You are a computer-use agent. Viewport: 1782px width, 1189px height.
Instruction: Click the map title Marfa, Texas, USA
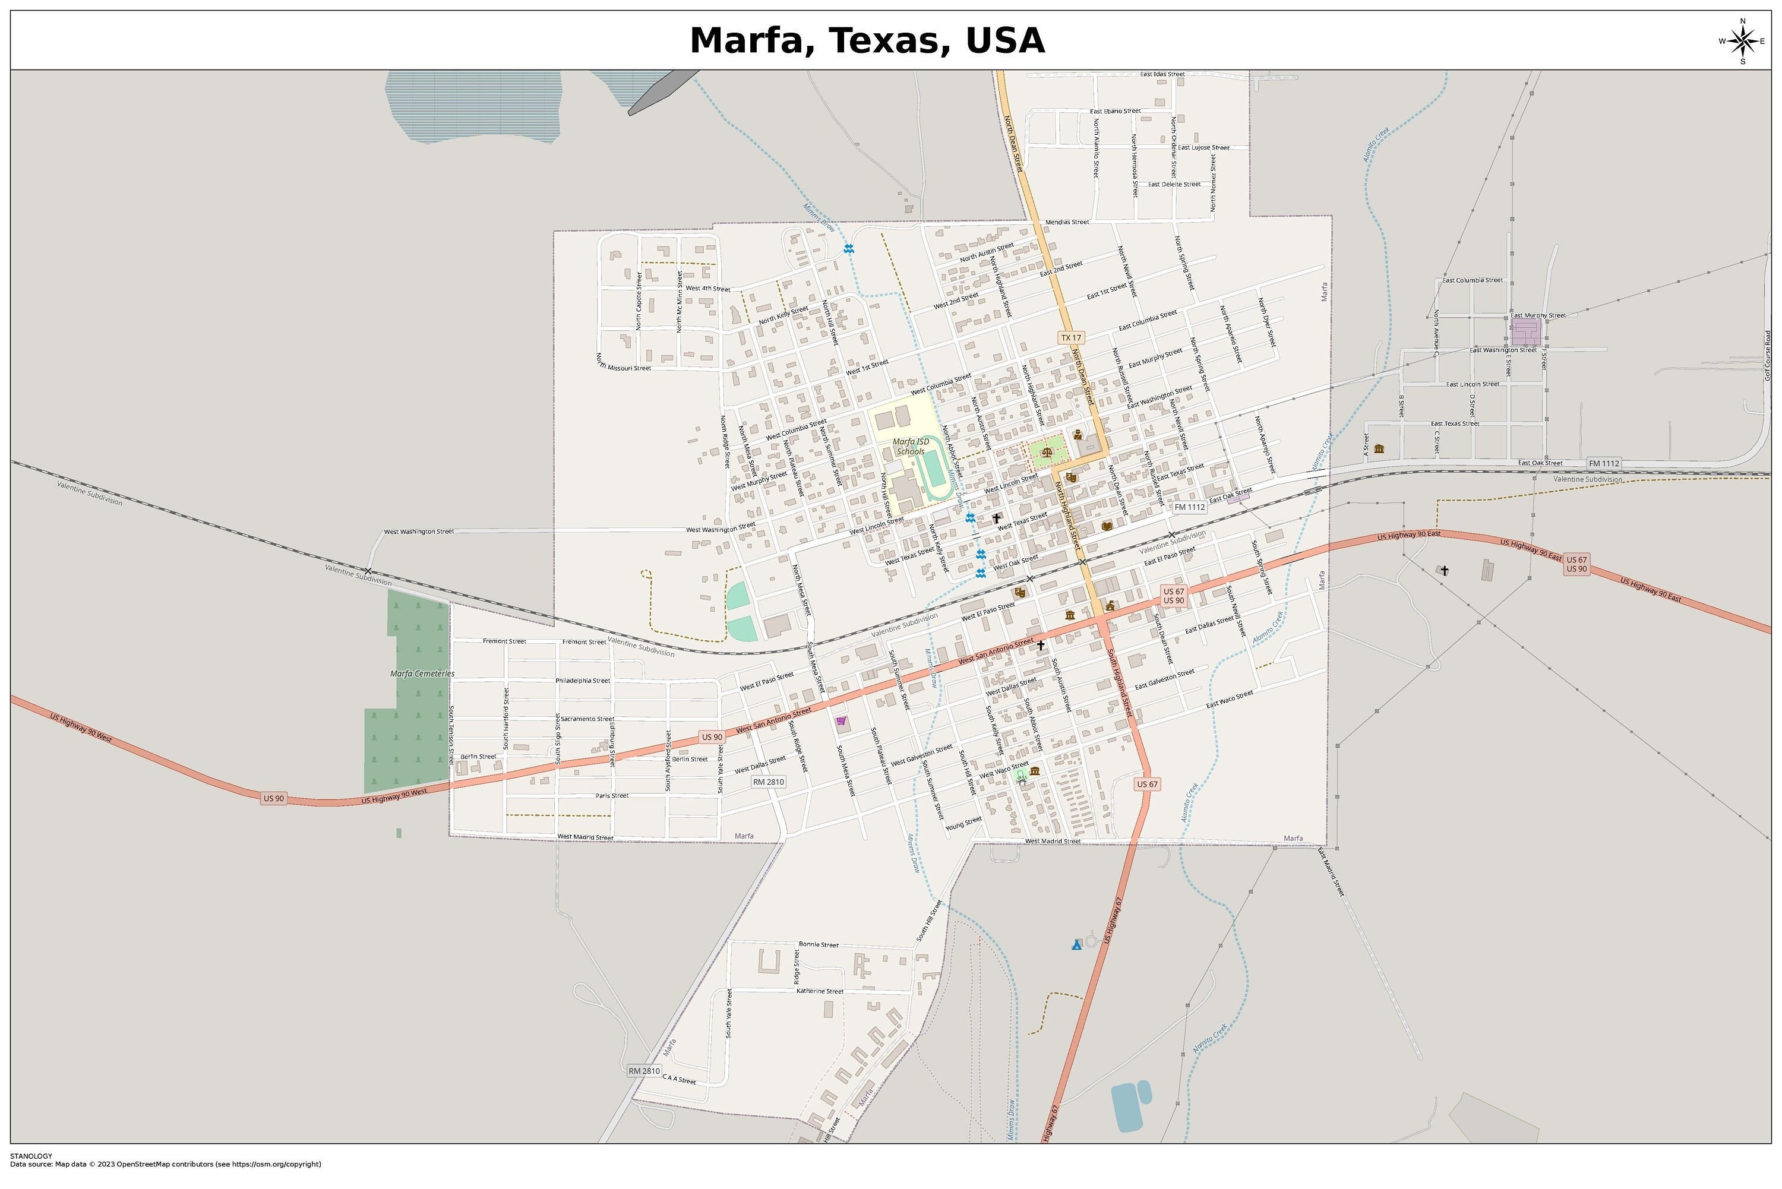(866, 40)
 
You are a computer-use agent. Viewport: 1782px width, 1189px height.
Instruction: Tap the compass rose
(1742, 41)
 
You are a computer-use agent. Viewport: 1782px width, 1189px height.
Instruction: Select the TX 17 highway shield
(1071, 337)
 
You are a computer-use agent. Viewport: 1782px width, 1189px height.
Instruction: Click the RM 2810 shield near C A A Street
(644, 1071)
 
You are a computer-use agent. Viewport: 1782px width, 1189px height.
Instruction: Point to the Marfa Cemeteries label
(422, 673)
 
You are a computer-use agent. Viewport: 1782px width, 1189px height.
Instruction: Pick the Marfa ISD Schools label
(910, 447)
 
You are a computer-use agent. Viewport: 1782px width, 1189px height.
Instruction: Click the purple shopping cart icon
(840, 721)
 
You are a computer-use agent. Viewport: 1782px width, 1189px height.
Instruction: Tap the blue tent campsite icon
(1076, 945)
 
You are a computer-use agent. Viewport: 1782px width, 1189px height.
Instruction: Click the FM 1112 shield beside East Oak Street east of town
(1603, 463)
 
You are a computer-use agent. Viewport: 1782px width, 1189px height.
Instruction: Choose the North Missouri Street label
(623, 362)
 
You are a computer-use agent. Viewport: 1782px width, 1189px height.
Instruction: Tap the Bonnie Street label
(818, 945)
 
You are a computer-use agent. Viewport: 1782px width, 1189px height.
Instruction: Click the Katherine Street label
(820, 991)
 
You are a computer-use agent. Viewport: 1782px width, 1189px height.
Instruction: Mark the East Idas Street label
(1162, 74)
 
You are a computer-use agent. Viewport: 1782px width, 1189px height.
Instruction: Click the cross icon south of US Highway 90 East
(1444, 570)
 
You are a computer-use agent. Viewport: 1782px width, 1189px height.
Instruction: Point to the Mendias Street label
(1066, 222)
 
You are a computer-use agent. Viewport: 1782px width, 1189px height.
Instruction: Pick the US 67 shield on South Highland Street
(1147, 783)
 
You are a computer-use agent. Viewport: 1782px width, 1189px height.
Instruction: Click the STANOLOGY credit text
(31, 1156)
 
